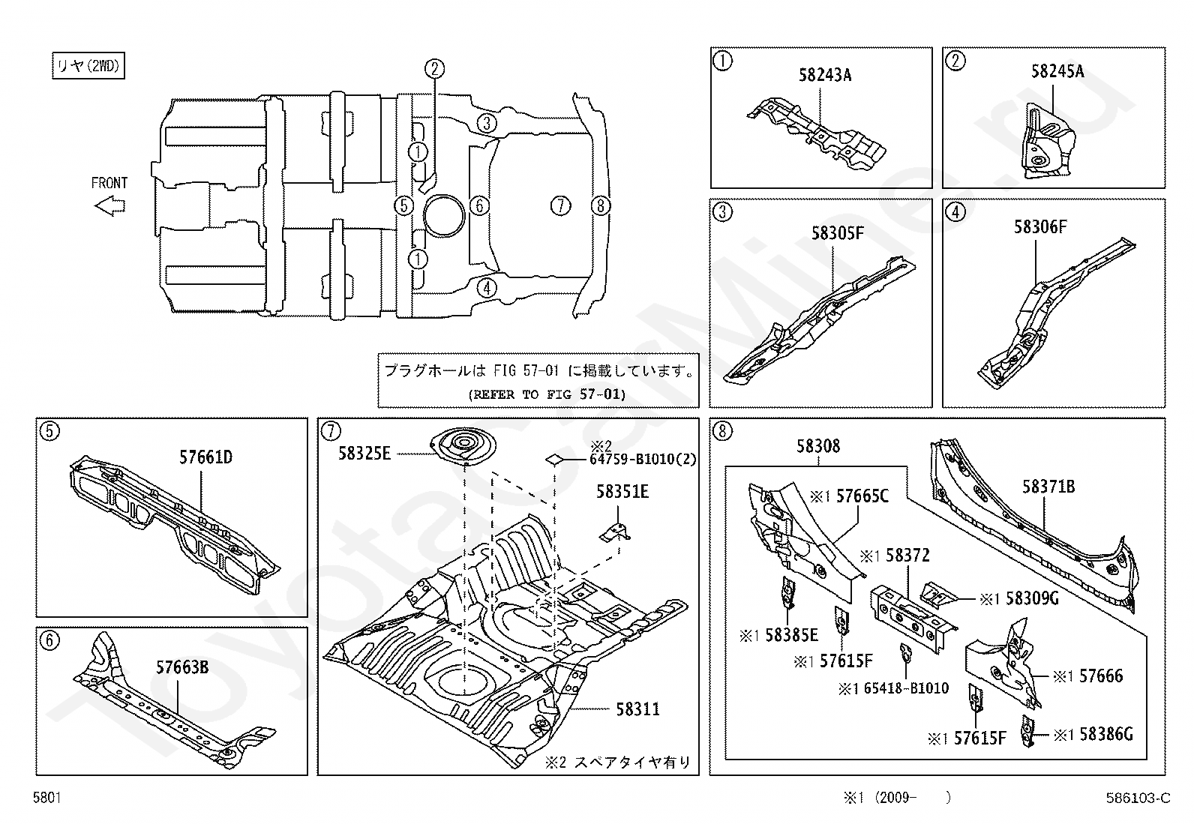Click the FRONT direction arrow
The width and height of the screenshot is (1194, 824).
[109, 205]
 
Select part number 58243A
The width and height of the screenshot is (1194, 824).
[824, 75]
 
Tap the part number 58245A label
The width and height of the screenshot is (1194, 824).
[1057, 71]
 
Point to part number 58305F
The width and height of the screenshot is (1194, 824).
[838, 233]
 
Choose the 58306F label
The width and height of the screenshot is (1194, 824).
[1040, 227]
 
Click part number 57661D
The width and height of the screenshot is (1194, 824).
[205, 457]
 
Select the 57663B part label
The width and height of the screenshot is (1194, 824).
[182, 667]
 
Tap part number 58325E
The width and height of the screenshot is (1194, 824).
[364, 454]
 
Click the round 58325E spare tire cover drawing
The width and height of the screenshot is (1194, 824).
[463, 445]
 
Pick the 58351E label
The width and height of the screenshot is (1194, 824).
[622, 491]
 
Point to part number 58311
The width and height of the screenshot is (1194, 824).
[638, 709]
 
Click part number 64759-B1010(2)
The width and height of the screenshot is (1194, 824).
[643, 459]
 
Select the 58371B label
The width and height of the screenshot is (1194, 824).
[1048, 487]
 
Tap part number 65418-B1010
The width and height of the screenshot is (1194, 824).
[906, 688]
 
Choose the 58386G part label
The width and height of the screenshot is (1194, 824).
[1106, 735]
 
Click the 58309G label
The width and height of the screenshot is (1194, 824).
[1032, 598]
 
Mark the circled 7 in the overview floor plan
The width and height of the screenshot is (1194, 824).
[560, 205]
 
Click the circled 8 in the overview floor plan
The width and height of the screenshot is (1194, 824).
[601, 205]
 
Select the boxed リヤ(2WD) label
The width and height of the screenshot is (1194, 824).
[88, 65]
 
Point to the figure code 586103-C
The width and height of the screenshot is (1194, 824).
[1138, 798]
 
